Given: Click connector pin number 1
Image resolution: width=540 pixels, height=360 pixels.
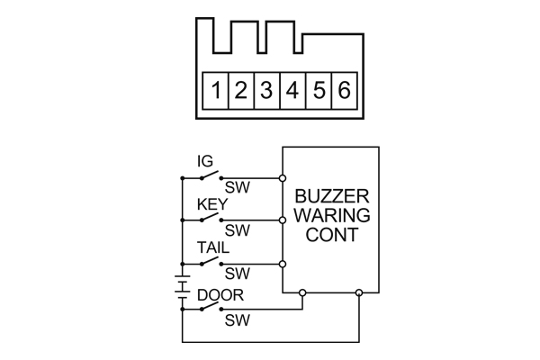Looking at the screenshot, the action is [217, 90].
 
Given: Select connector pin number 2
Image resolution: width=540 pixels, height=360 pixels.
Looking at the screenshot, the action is [241, 90].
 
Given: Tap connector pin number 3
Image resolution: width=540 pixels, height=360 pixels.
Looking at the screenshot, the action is [266, 90].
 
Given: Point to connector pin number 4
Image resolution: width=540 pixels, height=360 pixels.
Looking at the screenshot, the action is [292, 90].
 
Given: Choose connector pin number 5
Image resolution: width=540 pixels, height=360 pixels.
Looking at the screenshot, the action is [319, 90].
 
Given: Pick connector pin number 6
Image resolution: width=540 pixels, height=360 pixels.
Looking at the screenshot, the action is [344, 90].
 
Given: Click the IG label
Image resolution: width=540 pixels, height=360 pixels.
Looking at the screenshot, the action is [205, 161].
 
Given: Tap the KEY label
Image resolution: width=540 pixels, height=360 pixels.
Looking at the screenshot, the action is [212, 204].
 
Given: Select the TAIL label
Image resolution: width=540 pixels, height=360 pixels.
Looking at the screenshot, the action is [212, 247].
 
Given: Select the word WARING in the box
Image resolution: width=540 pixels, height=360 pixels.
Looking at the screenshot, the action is [331, 217].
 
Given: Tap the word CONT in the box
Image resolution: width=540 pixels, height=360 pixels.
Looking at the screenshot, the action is [331, 236].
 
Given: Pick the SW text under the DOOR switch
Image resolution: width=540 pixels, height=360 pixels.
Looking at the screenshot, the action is [237, 319].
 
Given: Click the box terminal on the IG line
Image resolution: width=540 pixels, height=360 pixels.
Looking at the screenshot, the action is [282, 176].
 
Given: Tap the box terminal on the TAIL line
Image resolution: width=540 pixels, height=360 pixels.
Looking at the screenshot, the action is [282, 264].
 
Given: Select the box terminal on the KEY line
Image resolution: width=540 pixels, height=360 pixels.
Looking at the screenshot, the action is [282, 220].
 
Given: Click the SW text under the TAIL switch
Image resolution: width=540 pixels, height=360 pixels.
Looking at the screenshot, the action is [237, 274].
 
